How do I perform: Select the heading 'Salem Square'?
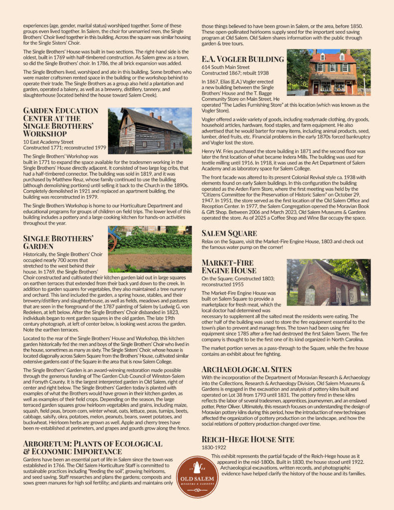pyautogui.click(x=229, y=233)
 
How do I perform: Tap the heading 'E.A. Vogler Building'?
pyautogui.click(x=243, y=59)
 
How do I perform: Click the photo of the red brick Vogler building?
pyautogui.click(x=328, y=72)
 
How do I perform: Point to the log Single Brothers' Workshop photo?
pyautogui.click(x=150, y=130)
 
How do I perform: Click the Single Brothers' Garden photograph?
pyautogui.click(x=150, y=249)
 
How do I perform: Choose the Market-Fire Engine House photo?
pyautogui.click(x=328, y=282)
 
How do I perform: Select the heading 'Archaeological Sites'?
pyautogui.click(x=247, y=369)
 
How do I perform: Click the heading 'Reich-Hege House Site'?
pyautogui.click(x=248, y=439)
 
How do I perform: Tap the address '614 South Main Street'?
pyautogui.click(x=226, y=67)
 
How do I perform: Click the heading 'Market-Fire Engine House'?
pyautogui.click(x=229, y=266)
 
